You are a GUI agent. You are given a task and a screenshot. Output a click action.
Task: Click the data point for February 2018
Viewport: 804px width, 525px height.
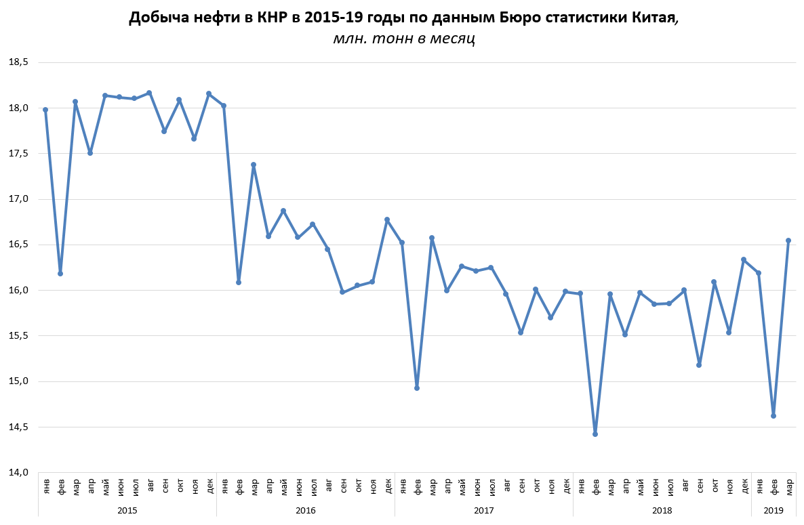(x=595, y=434)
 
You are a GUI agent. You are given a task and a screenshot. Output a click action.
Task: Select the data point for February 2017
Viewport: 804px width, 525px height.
(x=417, y=387)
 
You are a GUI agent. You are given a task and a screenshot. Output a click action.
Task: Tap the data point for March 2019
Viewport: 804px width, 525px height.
(x=788, y=240)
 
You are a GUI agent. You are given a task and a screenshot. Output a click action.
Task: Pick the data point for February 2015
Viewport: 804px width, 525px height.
(x=60, y=274)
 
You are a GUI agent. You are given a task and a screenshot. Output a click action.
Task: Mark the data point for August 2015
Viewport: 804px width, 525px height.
(x=149, y=93)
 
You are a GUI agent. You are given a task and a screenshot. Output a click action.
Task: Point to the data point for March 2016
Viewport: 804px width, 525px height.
(x=254, y=165)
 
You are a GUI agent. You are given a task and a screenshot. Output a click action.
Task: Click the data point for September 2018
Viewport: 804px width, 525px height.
(x=699, y=365)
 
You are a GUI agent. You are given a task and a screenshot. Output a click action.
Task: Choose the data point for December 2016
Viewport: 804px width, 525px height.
(x=387, y=219)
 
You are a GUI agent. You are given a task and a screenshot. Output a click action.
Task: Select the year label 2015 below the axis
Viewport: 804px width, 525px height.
(x=127, y=509)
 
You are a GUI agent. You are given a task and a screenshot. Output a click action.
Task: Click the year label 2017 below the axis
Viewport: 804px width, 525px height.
(x=484, y=509)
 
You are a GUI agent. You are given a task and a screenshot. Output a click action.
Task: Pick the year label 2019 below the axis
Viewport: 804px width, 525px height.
(x=773, y=509)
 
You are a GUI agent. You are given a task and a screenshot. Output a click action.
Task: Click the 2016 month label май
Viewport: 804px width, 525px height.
(x=283, y=486)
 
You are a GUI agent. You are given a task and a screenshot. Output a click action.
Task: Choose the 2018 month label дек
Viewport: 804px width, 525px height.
(x=744, y=486)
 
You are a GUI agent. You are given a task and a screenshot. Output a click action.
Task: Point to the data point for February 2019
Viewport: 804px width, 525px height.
(x=773, y=416)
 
